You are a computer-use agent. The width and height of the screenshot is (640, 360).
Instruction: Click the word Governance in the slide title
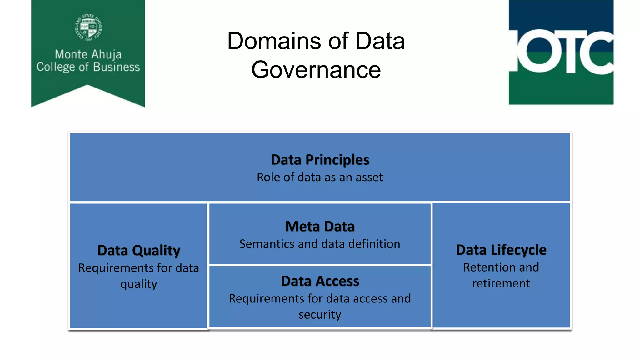[316, 70]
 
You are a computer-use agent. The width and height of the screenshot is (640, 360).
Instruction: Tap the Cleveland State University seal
[88, 27]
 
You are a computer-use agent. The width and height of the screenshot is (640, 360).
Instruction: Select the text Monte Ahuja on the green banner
[88, 54]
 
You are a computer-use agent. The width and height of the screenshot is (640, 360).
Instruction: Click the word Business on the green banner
[116, 67]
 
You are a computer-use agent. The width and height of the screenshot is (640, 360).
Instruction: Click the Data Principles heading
[320, 160]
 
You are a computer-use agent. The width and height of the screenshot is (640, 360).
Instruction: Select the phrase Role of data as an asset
[320, 177]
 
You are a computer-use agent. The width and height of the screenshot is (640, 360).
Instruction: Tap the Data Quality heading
[139, 251]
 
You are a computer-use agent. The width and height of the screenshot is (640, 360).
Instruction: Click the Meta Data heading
[320, 227]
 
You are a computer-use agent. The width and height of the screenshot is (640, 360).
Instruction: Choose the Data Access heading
[320, 281]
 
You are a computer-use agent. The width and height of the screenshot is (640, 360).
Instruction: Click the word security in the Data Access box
[320, 315]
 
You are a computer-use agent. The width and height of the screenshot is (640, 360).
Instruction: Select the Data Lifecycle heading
[501, 250]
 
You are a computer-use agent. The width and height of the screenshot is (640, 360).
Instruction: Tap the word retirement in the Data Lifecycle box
[501, 283]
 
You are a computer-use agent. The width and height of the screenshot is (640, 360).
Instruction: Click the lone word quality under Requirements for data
[139, 284]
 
